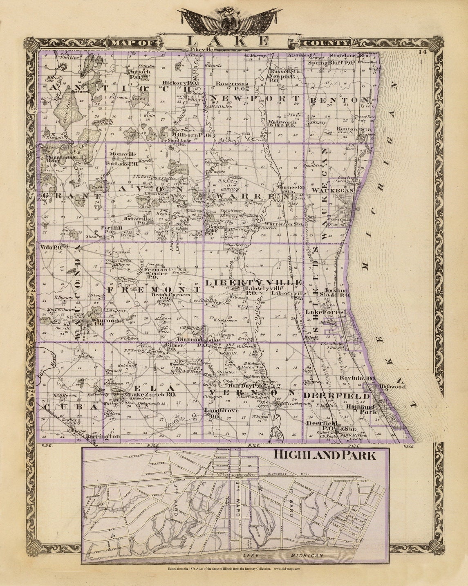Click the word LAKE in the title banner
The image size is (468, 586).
pos(228,41)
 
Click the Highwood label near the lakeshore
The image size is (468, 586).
pos(392,386)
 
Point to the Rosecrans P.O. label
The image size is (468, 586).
pos(229,86)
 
